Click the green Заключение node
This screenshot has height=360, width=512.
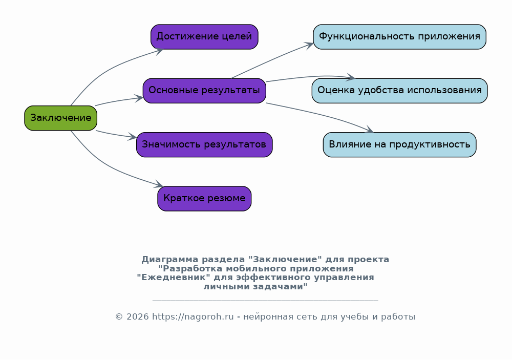tap(61, 118)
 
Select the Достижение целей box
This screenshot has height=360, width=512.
tap(204, 36)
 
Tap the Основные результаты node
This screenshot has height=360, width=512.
tap(204, 91)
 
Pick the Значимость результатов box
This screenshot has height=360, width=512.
tap(204, 145)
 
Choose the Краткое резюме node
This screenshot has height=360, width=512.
tap(204, 199)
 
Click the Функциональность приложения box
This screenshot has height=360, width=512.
tap(400, 36)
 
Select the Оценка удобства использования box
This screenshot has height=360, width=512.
tap(400, 91)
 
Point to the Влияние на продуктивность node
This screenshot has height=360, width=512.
tap(400, 145)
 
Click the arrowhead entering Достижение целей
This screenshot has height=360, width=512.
tap(160, 51)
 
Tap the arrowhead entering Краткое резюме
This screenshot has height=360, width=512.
tap(159, 184)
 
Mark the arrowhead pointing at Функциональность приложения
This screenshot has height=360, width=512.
tap(309, 45)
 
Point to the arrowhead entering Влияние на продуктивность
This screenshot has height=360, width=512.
tap(369, 130)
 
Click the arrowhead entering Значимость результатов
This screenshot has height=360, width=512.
tap(132, 137)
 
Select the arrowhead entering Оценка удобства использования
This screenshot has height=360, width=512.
tap(351, 77)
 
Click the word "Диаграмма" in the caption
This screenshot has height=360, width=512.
tap(170, 260)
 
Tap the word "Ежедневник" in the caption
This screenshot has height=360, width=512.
tap(174, 278)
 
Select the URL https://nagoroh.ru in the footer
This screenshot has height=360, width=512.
tap(193, 317)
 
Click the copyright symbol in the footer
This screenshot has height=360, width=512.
tap(119, 317)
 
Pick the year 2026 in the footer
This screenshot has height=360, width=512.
tap(137, 317)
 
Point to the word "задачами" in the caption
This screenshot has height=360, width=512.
tap(255, 286)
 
